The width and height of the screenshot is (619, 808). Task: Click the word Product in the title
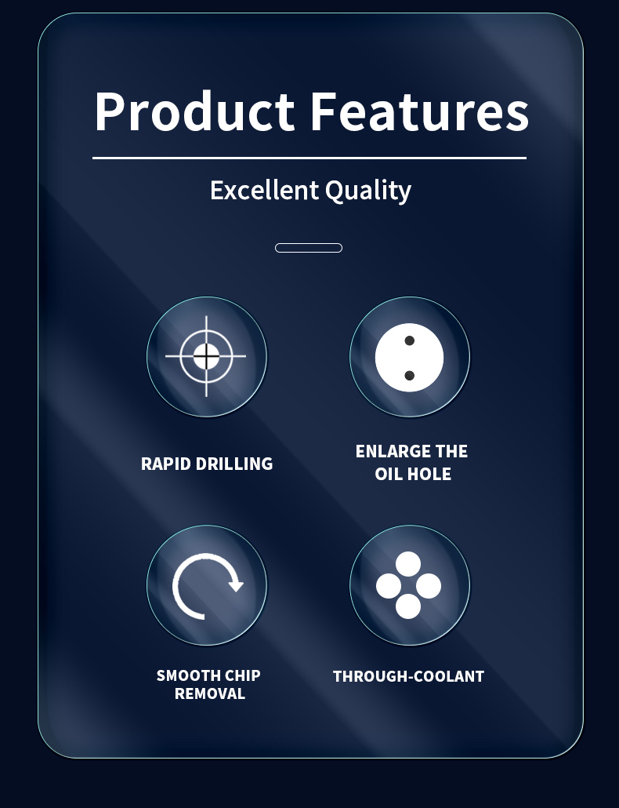194,111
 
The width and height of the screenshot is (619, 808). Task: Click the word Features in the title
419,111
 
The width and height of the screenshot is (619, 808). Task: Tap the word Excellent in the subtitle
265,190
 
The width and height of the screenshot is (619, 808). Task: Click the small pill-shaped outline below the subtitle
309,248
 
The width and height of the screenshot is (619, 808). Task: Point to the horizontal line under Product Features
309,158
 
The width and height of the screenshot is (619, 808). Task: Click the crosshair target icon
206,356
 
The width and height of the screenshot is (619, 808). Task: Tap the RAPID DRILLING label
207,464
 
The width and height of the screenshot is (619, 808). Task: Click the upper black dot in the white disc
410,340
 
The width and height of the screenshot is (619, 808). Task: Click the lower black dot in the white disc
410,376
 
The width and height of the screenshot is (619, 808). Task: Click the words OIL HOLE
413,474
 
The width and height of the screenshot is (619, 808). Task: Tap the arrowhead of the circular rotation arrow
236,585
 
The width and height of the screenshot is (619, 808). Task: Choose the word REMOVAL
210,693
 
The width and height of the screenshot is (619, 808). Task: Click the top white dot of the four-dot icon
408,564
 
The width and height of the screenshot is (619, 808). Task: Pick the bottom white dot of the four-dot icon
408,606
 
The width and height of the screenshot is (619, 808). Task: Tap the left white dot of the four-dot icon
389,587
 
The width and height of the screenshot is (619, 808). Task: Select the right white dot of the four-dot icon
428,587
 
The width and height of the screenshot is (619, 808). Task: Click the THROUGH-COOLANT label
408,676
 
